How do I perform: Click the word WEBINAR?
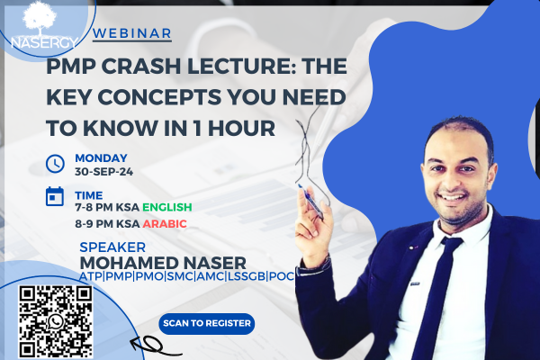[x=132, y=33]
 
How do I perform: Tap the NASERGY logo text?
[x=44, y=42]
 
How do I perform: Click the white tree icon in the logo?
[x=40, y=17]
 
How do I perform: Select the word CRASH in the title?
[x=141, y=66]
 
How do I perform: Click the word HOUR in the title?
[x=241, y=128]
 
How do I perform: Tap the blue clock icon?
[x=55, y=163]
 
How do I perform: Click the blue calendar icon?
[x=55, y=196]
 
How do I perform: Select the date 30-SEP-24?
[x=104, y=172]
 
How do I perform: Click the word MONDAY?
[x=101, y=158]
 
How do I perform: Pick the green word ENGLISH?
[x=167, y=207]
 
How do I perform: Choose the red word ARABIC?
[x=165, y=224]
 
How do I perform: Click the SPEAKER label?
[x=112, y=247]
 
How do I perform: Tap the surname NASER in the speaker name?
[x=215, y=263]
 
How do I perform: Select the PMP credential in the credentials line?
[x=119, y=276]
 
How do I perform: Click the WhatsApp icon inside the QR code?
[x=56, y=322]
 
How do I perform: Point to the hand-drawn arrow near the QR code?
[x=156, y=346]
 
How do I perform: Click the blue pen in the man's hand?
[x=311, y=202]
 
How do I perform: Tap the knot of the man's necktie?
[x=450, y=242]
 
